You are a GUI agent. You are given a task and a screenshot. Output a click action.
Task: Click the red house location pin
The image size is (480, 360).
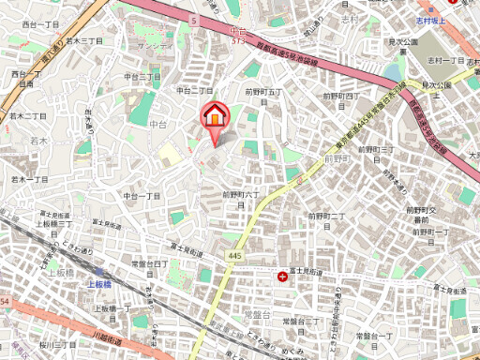[x=216, y=116]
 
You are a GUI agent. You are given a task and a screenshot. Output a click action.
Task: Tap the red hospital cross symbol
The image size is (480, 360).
[x=284, y=276]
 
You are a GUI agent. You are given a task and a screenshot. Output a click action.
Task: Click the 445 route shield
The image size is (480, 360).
[x=233, y=256]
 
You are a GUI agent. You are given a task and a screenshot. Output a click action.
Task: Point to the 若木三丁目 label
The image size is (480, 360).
[x=82, y=41]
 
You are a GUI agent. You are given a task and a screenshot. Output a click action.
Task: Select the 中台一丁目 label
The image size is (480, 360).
[x=142, y=196]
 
